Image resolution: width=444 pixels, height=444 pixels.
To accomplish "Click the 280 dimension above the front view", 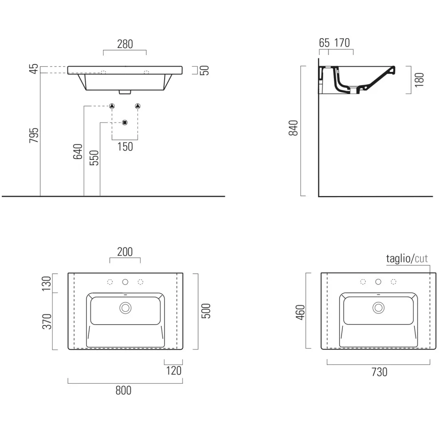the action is (125, 44).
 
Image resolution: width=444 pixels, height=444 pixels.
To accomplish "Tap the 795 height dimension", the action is (34, 135).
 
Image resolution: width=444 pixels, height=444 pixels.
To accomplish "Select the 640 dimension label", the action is (78, 151).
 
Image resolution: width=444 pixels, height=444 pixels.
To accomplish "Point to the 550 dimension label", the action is (94, 158).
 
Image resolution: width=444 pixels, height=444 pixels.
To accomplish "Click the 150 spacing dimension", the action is (125, 147).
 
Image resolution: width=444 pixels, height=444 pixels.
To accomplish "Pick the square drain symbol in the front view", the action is (125, 123).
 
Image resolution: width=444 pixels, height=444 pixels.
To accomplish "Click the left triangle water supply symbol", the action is (112, 106).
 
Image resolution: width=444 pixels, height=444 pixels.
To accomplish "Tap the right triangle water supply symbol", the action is (138, 106).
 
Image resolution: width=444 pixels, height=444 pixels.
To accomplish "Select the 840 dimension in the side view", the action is (293, 128).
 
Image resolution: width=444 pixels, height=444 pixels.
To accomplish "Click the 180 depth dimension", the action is (420, 80).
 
